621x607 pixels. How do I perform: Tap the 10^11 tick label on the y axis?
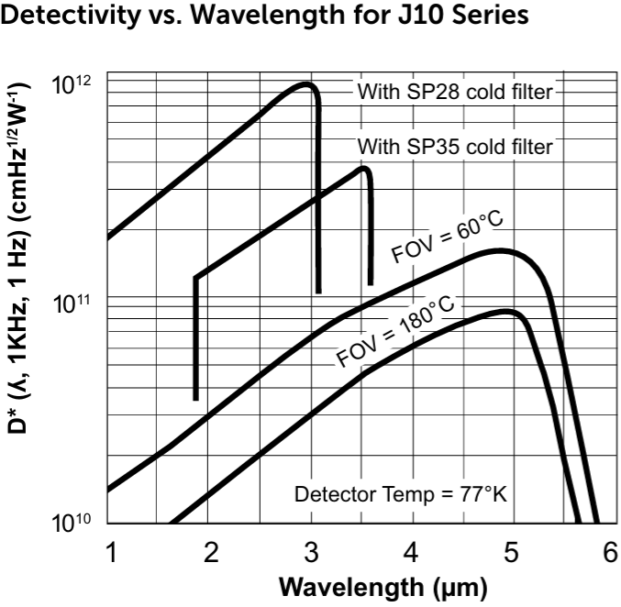pyautogui.click(x=72, y=303)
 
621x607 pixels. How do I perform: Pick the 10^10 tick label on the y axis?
pyautogui.click(x=72, y=524)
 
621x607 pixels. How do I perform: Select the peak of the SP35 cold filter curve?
pyautogui.click(x=363, y=168)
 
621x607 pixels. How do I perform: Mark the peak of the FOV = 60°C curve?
pyautogui.click(x=500, y=250)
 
